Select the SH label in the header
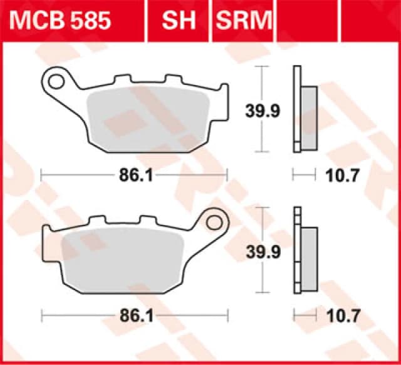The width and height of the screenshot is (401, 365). point(179,21)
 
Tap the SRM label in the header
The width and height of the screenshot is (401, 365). point(244,21)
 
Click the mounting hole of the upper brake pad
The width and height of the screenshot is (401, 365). point(58,80)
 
